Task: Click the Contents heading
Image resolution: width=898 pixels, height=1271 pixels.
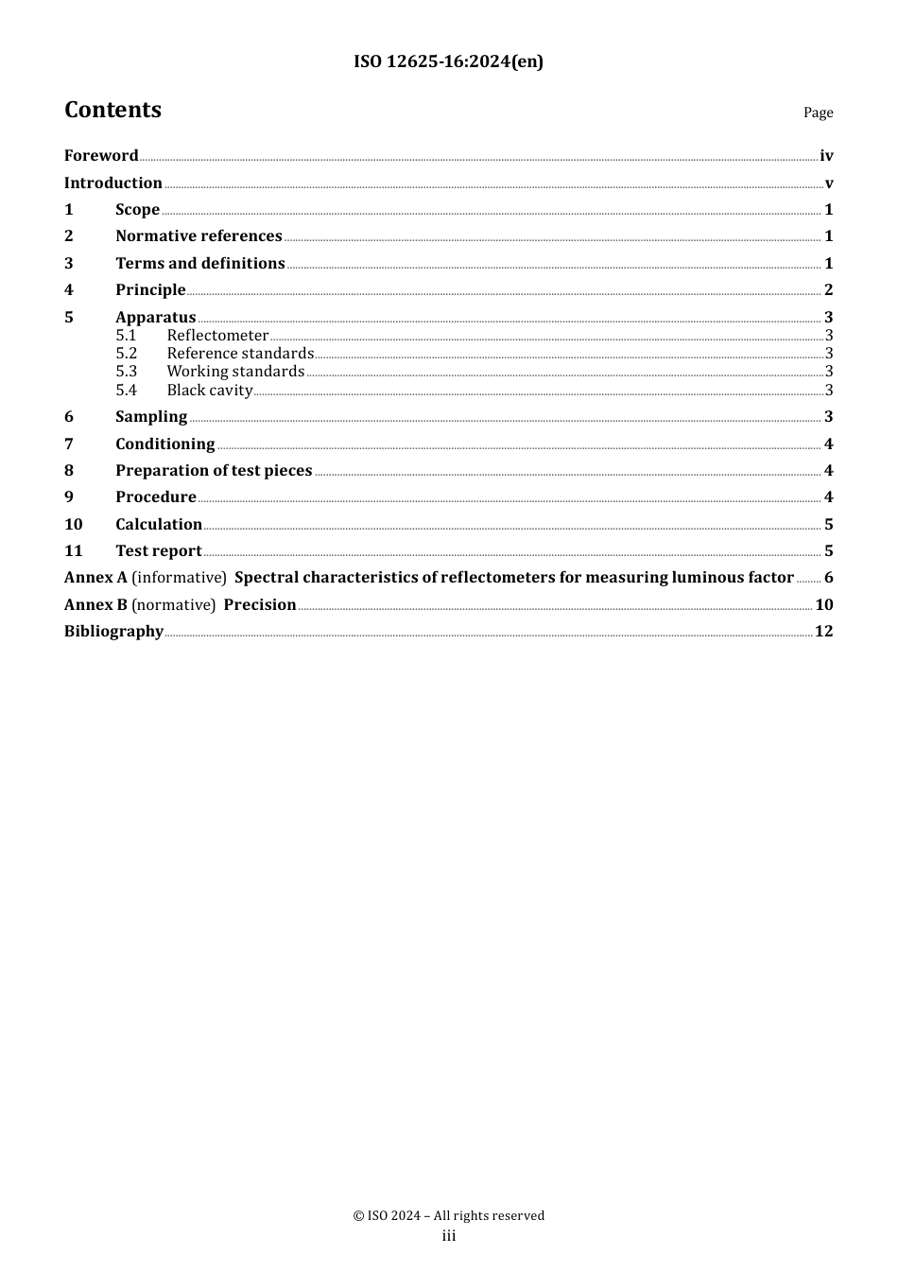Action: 112,110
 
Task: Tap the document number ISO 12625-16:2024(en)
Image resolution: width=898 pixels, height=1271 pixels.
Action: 448,61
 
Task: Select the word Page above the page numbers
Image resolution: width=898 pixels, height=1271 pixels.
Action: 818,113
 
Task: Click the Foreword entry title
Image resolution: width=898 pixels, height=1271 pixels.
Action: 101,156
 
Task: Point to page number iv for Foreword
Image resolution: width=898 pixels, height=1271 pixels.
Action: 826,156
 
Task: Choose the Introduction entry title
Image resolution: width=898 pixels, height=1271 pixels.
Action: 113,183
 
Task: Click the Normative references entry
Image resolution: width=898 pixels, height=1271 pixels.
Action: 199,236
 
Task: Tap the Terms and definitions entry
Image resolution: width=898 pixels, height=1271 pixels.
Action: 200,264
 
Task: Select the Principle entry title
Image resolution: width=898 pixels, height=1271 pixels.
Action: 150,290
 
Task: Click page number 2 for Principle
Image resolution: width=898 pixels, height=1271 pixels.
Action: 828,290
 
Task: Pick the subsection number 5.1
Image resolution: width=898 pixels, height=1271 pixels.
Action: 126,336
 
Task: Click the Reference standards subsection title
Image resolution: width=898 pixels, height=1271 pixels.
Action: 240,354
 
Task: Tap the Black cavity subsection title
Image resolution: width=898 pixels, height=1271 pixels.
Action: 210,391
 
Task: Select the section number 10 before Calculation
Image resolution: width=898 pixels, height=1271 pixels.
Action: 74,525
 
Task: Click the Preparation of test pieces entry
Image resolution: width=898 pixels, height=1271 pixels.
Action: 214,471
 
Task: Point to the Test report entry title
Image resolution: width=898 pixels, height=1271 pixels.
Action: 159,551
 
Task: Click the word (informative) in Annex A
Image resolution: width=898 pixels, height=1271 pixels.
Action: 179,578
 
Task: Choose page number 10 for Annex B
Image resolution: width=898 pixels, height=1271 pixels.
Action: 824,605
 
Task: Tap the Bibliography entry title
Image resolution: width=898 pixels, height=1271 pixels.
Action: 113,632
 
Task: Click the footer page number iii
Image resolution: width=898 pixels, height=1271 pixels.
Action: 449,1236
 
